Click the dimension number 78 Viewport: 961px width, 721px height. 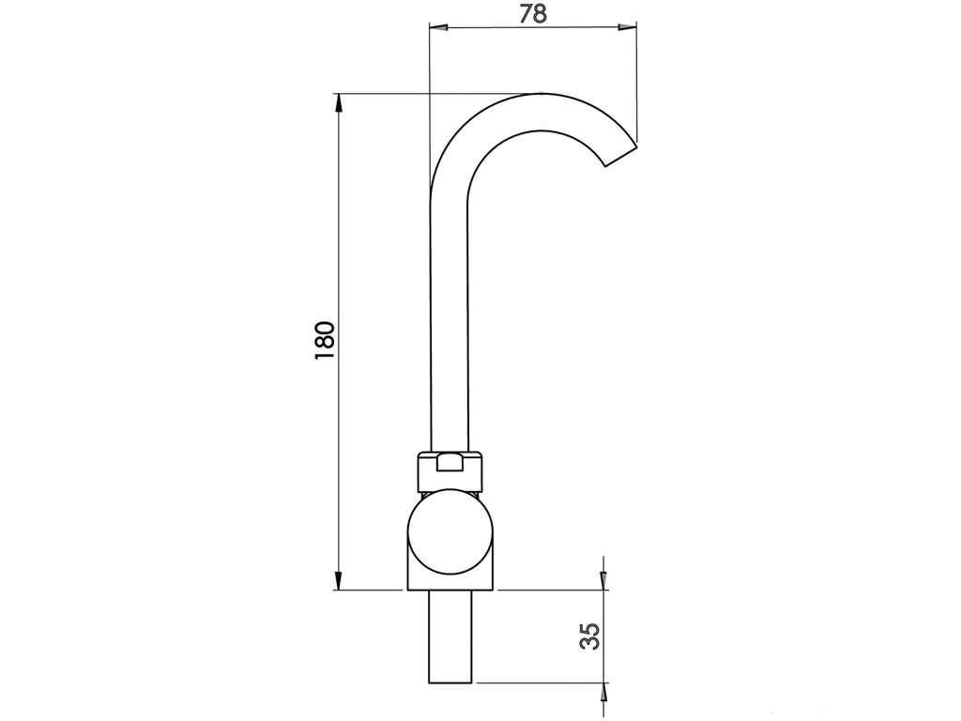pyautogui.click(x=533, y=13)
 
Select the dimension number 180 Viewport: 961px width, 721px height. pyautogui.click(x=325, y=340)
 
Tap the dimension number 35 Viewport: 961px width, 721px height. pyautogui.click(x=589, y=636)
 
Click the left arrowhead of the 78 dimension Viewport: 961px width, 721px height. pyautogui.click(x=439, y=27)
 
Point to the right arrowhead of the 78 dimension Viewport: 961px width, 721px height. pyautogui.click(x=628, y=27)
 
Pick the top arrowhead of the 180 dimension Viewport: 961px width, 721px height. pyautogui.click(x=337, y=103)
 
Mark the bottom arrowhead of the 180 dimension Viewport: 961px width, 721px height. pyautogui.click(x=337, y=580)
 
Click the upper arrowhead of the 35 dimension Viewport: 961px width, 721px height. pyautogui.click(x=603, y=581)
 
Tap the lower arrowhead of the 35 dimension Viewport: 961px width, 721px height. pyautogui.click(x=603, y=692)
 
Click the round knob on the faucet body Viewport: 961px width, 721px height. pyautogui.click(x=450, y=532)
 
